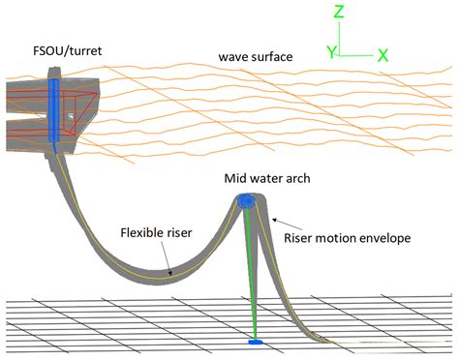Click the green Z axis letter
click(339, 12)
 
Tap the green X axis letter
click(382, 55)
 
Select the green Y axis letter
click(331, 52)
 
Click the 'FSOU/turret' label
click(68, 51)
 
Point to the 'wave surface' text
click(256, 57)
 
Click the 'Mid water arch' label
click(267, 178)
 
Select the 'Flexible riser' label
click(156, 232)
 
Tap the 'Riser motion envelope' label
click(348, 238)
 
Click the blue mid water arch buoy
click(247, 201)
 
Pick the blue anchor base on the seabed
click(256, 342)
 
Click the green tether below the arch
click(251, 274)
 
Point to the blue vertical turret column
click(54, 109)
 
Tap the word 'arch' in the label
click(297, 178)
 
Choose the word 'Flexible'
click(141, 232)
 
